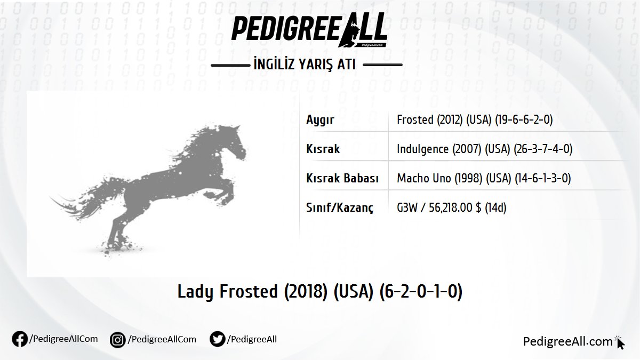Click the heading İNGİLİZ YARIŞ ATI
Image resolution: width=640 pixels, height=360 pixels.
307,65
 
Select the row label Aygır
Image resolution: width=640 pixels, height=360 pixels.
320,120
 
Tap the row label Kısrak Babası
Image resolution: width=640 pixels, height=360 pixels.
342,179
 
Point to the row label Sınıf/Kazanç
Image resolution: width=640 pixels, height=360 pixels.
340,207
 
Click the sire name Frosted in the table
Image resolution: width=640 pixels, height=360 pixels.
415,120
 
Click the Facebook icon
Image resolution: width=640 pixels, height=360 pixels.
20,340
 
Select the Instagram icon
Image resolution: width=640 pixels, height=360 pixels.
118,340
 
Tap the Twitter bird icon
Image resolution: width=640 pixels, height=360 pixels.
217,340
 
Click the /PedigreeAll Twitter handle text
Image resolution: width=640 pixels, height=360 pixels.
252,339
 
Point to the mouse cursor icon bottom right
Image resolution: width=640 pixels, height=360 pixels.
620,343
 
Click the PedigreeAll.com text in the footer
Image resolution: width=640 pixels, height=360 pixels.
567,342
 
